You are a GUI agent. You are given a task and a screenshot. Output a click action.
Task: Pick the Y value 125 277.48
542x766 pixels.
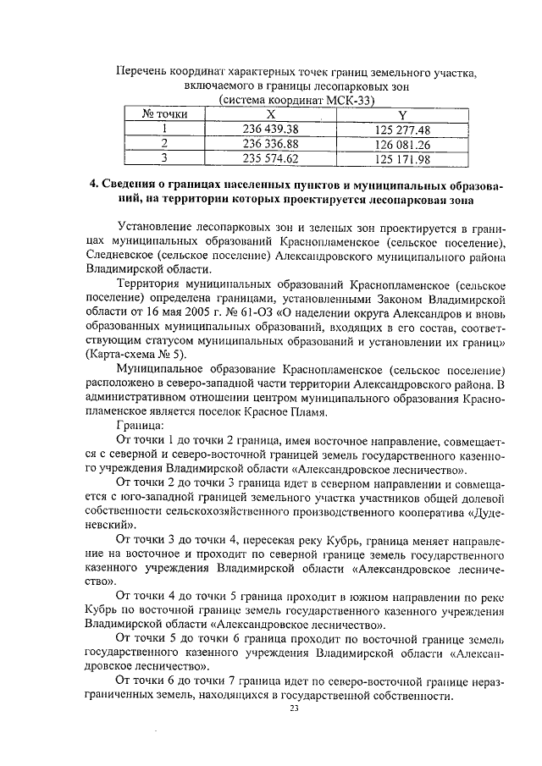[x=402, y=129]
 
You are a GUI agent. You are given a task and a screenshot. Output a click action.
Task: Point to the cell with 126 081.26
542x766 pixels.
[x=402, y=143]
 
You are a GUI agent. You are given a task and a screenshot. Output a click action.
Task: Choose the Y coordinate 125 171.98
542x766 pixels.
[x=402, y=158]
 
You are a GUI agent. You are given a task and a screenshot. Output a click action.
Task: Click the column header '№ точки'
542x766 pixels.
[x=163, y=113]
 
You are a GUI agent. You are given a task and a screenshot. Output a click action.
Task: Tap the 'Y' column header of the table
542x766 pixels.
[x=402, y=113]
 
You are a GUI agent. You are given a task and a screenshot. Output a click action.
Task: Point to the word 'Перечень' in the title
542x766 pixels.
[x=142, y=69]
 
